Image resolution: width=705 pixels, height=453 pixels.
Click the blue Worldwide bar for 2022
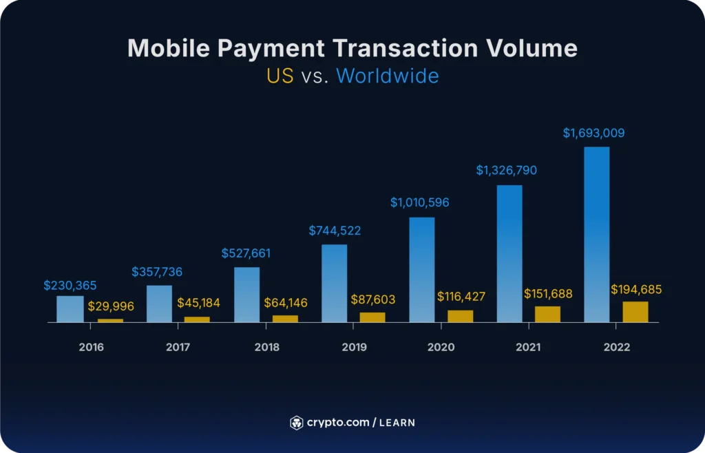pos(596,234)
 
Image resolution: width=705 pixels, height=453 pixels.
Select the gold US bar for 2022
pos(635,312)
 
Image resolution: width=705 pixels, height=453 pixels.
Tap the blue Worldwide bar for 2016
pos(70,309)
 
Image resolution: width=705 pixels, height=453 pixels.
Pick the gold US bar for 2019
pos(372,317)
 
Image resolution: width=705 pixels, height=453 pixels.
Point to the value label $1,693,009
pos(593,133)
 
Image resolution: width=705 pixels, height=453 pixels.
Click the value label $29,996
pos(111,306)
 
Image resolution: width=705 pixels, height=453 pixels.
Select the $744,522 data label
pos(335,231)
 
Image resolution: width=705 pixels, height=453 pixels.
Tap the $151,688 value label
pos(548,294)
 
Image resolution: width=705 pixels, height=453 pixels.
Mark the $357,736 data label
pos(157,272)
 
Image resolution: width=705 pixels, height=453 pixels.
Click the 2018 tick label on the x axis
pos(266,347)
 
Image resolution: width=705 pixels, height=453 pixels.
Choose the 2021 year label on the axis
pos(528,347)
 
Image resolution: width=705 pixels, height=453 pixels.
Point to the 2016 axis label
pos(91,347)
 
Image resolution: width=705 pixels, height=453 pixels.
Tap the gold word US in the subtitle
pos(280,76)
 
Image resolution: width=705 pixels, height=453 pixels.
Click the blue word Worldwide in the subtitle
pos(387,76)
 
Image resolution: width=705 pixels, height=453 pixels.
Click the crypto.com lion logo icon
pos(296,422)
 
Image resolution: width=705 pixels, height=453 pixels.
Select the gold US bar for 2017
pos(197,319)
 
